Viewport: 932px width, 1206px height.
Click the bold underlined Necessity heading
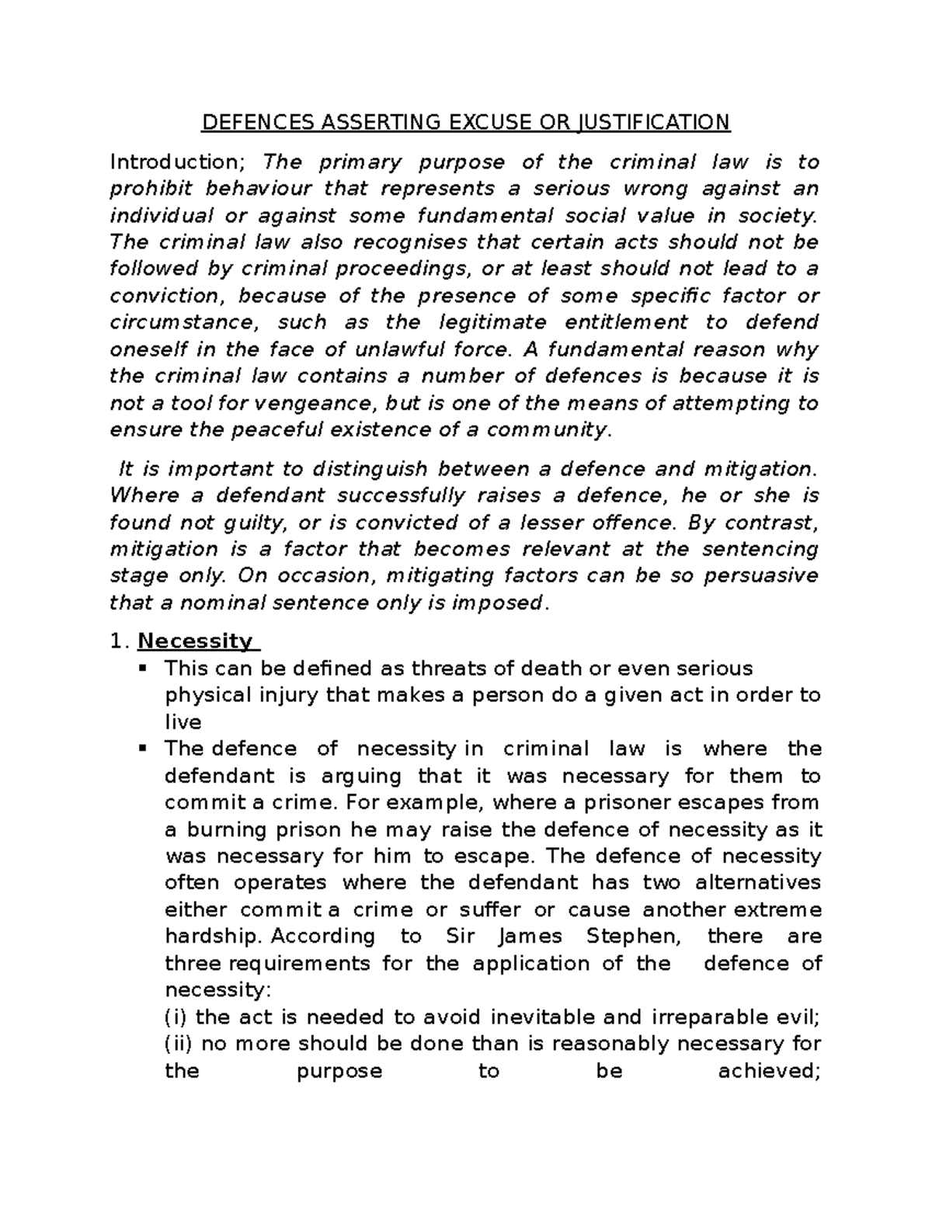pos(195,641)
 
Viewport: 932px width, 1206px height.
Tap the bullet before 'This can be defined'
pos(142,668)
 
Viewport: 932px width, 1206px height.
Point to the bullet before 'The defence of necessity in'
pos(142,749)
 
